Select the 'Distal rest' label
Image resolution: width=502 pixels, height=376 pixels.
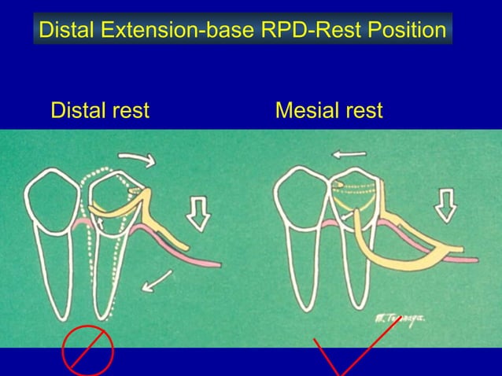point(99,111)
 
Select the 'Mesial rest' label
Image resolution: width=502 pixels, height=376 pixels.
point(329,111)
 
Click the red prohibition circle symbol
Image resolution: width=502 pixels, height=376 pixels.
point(88,349)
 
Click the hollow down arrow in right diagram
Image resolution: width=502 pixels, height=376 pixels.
point(446,206)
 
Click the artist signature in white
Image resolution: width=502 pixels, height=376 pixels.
point(402,316)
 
